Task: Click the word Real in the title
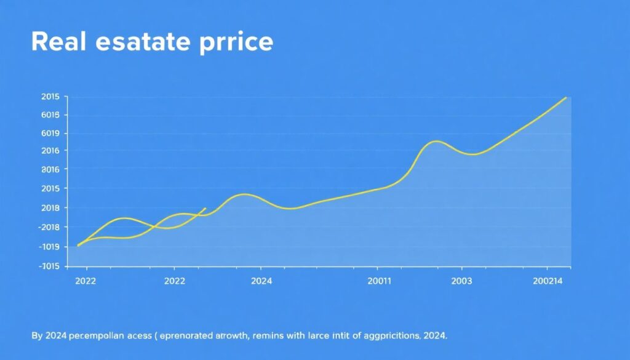(60, 42)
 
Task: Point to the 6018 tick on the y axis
(50, 115)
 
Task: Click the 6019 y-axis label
(50, 134)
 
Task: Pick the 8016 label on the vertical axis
(50, 169)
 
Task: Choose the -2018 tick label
(49, 227)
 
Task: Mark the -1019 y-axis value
(49, 247)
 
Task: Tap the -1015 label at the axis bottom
(49, 266)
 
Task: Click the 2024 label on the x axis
(261, 281)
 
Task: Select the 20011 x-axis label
(378, 281)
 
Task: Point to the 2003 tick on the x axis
(461, 281)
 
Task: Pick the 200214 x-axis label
(548, 281)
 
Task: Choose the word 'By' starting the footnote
(36, 337)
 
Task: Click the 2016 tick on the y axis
(50, 151)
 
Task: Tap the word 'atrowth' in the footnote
(234, 337)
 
